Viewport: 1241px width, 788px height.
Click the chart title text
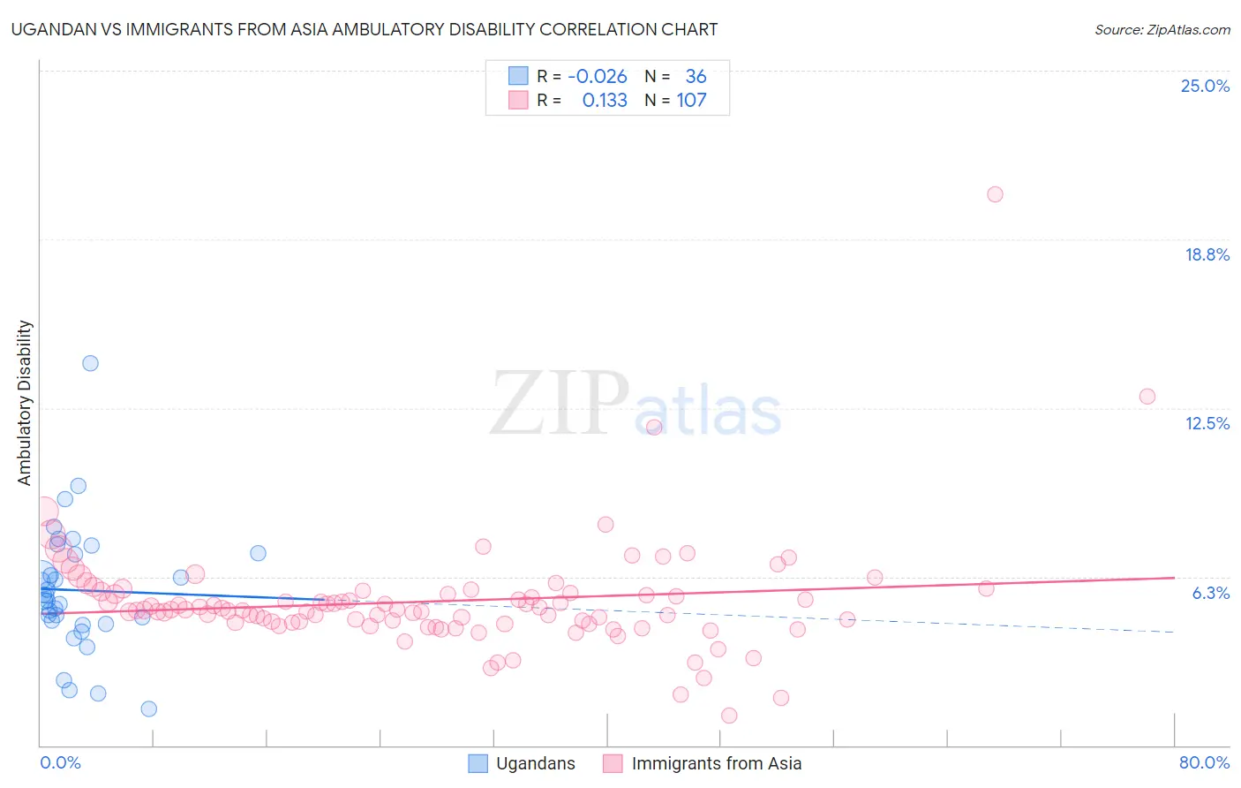[x=365, y=29]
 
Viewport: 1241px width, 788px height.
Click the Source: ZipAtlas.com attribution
[x=1162, y=30]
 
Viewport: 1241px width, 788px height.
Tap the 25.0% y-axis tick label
[x=1205, y=86]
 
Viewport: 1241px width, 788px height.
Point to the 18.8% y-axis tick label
[x=1207, y=254]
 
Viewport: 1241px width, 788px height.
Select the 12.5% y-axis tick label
[x=1207, y=423]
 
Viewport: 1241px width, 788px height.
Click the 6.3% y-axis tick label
[x=1210, y=593]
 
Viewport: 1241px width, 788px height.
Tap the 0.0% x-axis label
[x=60, y=762]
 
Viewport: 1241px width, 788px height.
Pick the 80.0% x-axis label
[x=1204, y=762]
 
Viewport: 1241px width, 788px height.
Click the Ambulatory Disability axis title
[x=25, y=402]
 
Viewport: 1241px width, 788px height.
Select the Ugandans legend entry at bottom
[x=535, y=763]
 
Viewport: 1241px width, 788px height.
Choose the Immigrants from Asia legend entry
[x=716, y=763]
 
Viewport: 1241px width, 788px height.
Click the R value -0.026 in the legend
[x=598, y=77]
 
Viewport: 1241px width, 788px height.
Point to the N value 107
[x=691, y=100]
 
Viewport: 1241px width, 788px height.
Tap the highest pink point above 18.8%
[x=995, y=194]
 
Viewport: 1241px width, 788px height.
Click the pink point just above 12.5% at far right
[x=1147, y=397]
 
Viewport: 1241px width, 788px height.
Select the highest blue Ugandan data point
[x=90, y=363]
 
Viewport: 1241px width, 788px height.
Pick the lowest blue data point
[x=148, y=708]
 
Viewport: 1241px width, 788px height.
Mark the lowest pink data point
[x=729, y=716]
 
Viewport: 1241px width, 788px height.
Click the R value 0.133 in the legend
[x=605, y=100]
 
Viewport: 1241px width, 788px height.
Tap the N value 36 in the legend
[x=696, y=77]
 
